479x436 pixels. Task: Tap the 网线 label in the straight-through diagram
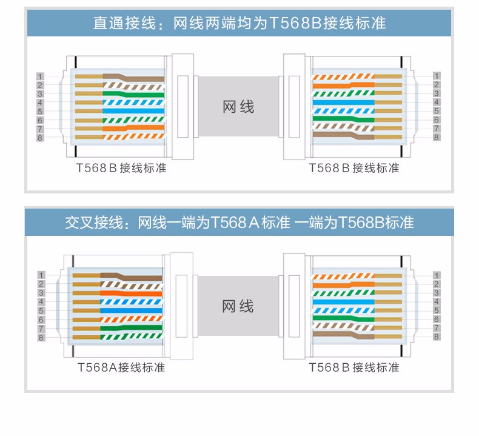point(238,107)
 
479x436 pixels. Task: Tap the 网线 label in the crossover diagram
point(238,306)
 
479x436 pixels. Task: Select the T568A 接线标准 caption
point(121,367)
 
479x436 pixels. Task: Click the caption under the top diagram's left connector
point(118,168)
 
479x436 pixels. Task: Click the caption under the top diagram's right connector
point(354,168)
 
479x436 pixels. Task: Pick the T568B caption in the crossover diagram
point(354,367)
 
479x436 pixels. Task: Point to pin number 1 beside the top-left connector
point(41,76)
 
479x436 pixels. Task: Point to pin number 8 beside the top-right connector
point(437,138)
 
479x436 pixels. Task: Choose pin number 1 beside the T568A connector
point(41,275)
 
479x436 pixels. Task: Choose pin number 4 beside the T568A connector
point(41,302)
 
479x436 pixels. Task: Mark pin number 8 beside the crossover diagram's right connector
point(437,337)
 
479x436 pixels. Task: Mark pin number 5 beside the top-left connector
point(41,112)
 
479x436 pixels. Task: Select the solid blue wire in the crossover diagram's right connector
point(340,302)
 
